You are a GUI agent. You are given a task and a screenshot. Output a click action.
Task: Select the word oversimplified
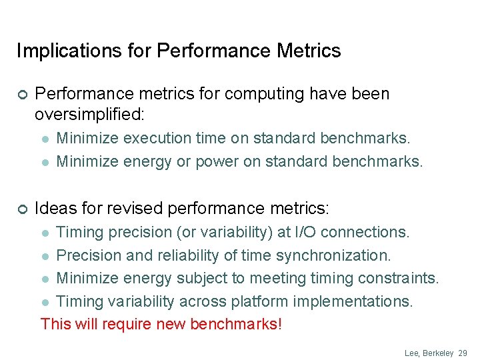click(89, 114)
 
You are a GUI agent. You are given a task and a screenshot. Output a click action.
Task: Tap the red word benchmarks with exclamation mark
click(236, 325)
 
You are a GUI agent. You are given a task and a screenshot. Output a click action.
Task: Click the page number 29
click(463, 352)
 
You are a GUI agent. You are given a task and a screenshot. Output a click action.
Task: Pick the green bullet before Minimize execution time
click(45, 139)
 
